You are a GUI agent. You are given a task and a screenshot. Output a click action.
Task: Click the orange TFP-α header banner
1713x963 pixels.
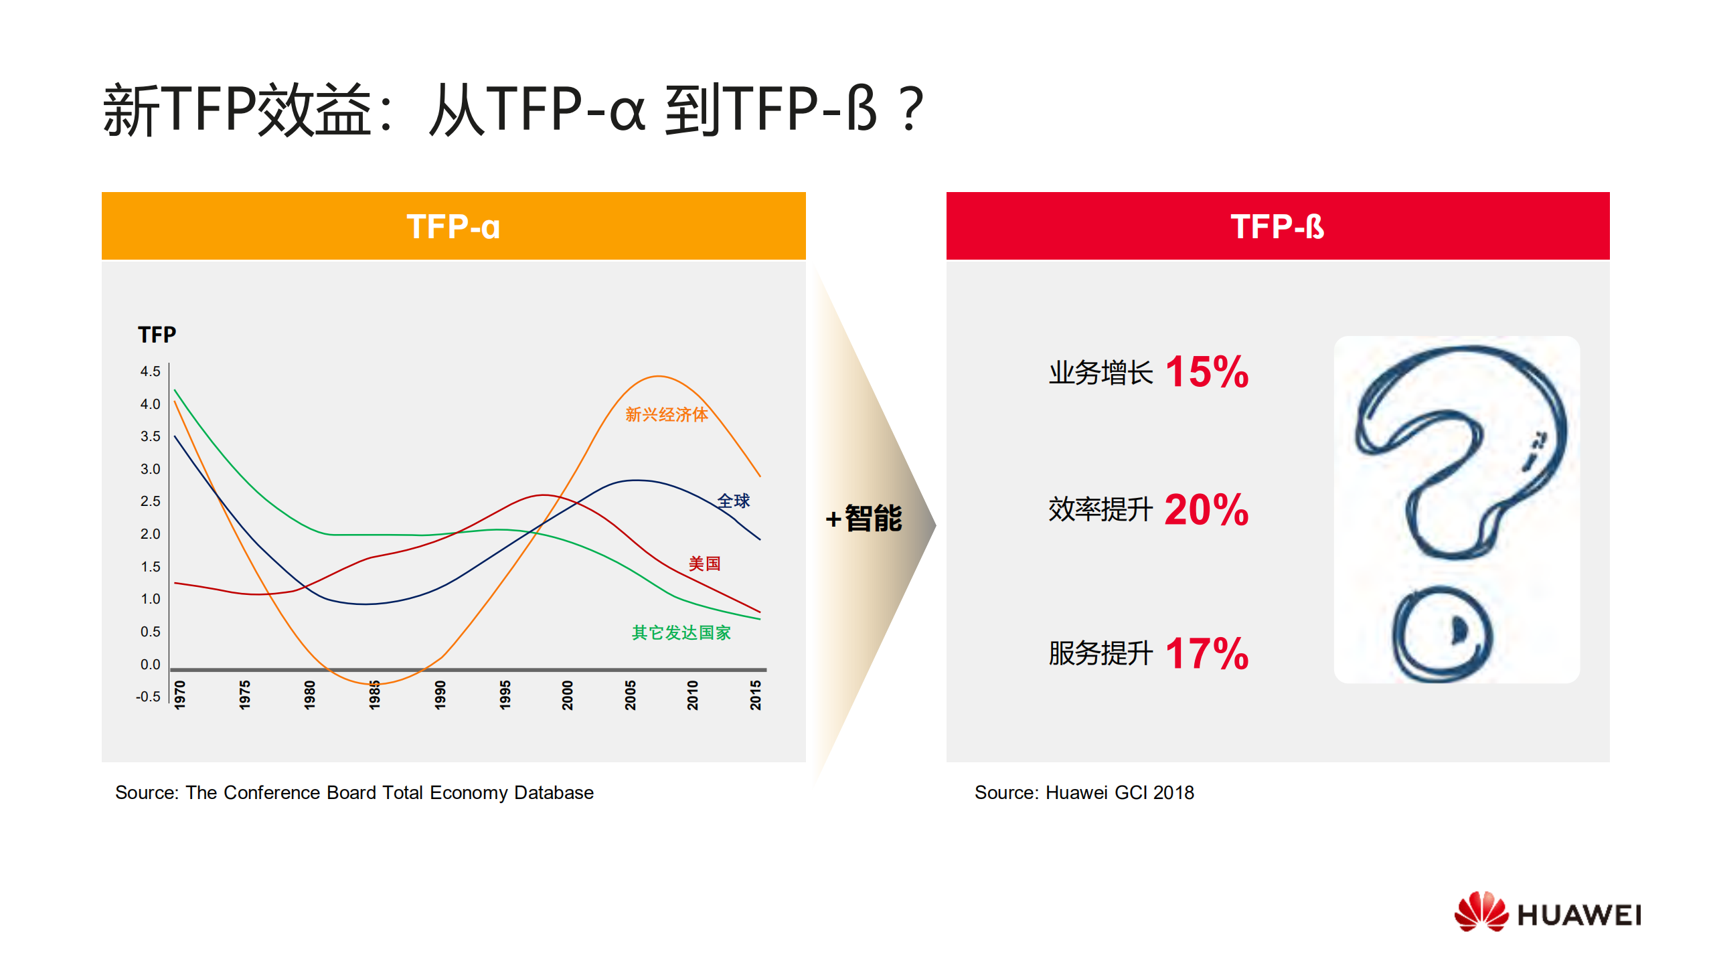tap(453, 226)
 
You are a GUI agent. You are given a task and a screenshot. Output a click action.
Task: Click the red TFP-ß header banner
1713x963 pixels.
tap(1277, 226)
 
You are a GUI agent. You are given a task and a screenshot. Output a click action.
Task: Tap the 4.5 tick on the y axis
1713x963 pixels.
tap(151, 371)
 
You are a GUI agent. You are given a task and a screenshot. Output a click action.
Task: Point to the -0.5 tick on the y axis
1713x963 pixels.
tap(148, 697)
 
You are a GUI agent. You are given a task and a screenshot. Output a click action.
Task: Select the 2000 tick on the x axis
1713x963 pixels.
tap(568, 695)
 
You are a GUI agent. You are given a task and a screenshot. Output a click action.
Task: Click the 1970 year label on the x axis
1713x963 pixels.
tap(180, 695)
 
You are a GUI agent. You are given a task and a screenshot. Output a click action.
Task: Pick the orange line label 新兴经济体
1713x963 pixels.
tap(666, 415)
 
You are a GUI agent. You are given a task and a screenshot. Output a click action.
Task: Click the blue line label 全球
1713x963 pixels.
tap(734, 501)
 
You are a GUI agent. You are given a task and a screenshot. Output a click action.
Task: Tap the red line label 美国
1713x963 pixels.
tap(704, 563)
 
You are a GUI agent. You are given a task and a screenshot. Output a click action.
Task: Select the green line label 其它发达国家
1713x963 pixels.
tap(681, 632)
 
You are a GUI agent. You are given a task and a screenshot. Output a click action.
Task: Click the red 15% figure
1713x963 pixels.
tap(1207, 372)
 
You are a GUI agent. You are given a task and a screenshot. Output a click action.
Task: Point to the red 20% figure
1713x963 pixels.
tap(1206, 510)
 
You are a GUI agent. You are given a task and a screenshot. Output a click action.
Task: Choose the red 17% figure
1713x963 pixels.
tap(1207, 653)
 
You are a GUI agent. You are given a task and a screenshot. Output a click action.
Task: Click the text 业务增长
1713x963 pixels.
tap(1100, 373)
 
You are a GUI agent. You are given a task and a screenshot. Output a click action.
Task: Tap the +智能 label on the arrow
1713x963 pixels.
tap(864, 519)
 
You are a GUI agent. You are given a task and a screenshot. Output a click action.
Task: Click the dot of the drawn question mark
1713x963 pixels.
tap(1443, 633)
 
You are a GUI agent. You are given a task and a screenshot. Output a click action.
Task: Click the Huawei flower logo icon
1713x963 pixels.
tap(1481, 911)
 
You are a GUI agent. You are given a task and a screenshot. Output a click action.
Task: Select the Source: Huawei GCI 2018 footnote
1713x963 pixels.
tap(1084, 792)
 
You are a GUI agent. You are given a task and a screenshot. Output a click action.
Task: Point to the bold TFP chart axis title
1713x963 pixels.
tap(157, 335)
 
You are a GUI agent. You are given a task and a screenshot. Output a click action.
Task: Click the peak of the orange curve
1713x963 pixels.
tap(659, 377)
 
